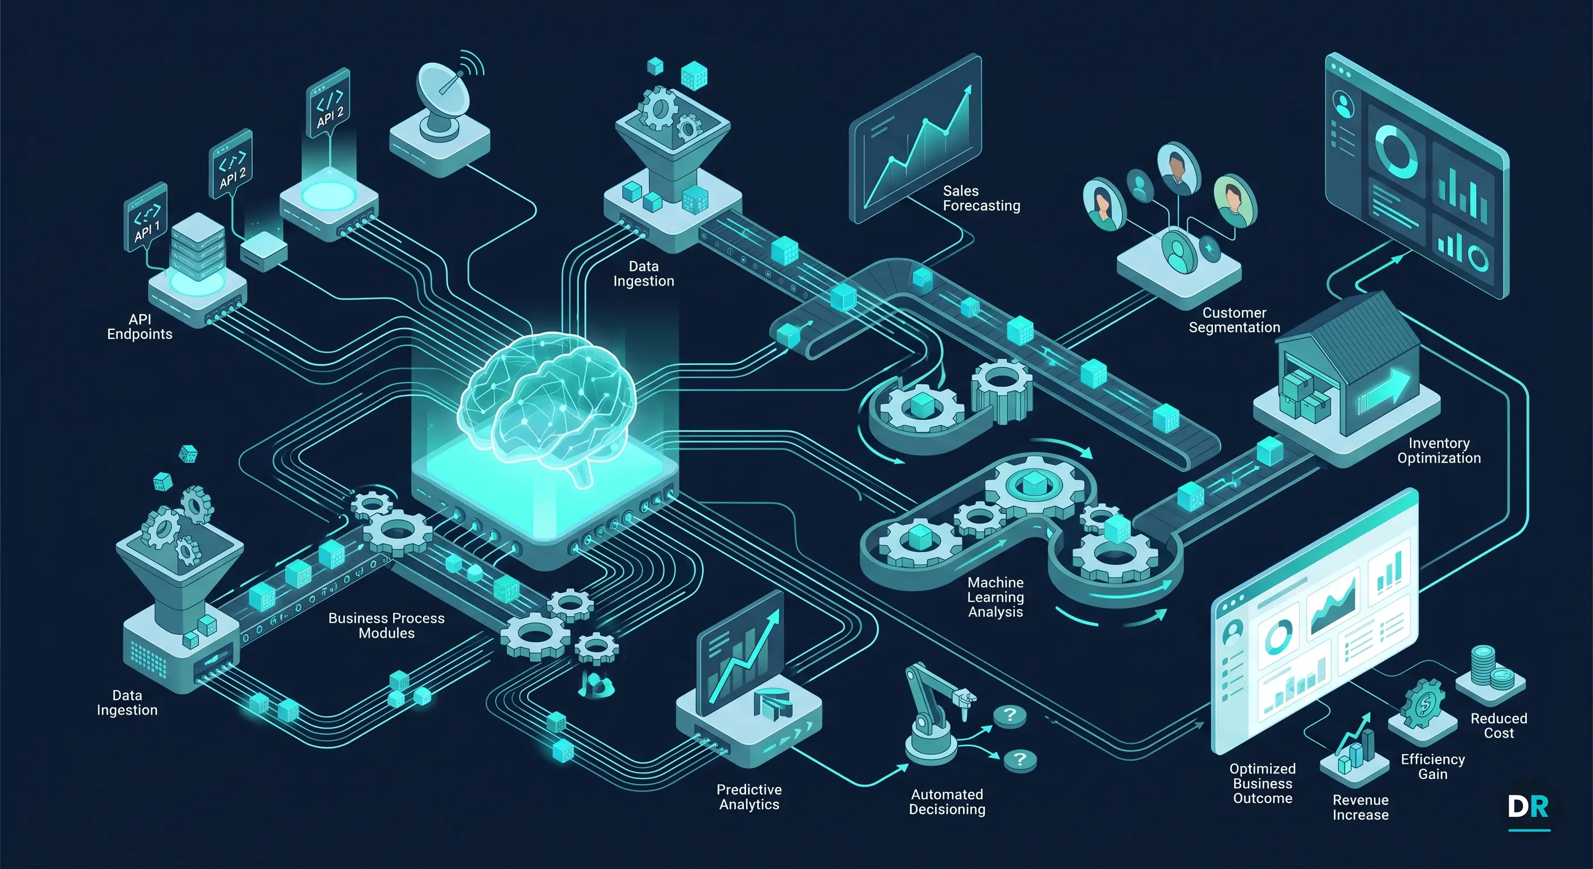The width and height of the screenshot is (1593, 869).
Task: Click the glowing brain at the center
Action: pos(547,405)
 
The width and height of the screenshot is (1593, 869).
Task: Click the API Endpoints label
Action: pos(140,326)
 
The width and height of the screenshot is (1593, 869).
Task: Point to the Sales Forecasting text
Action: pos(981,199)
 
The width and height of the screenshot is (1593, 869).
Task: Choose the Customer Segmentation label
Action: pos(1234,320)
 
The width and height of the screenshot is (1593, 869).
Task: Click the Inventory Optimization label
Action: pos(1439,451)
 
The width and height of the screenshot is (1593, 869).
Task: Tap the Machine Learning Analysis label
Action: pos(996,597)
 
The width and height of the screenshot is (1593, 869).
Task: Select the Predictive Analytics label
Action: pos(749,797)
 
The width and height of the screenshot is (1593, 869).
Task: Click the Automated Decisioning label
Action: pos(947,802)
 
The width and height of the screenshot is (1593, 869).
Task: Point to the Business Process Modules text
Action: pos(386,625)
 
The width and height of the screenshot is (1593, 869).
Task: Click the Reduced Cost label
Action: pos(1499,725)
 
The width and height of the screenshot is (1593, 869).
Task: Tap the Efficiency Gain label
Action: pos(1433,767)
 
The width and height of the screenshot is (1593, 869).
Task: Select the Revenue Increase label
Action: pos(1360,808)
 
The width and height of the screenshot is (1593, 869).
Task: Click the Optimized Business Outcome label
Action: pos(1262,784)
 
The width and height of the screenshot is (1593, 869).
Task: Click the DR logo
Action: pos(1528,807)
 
